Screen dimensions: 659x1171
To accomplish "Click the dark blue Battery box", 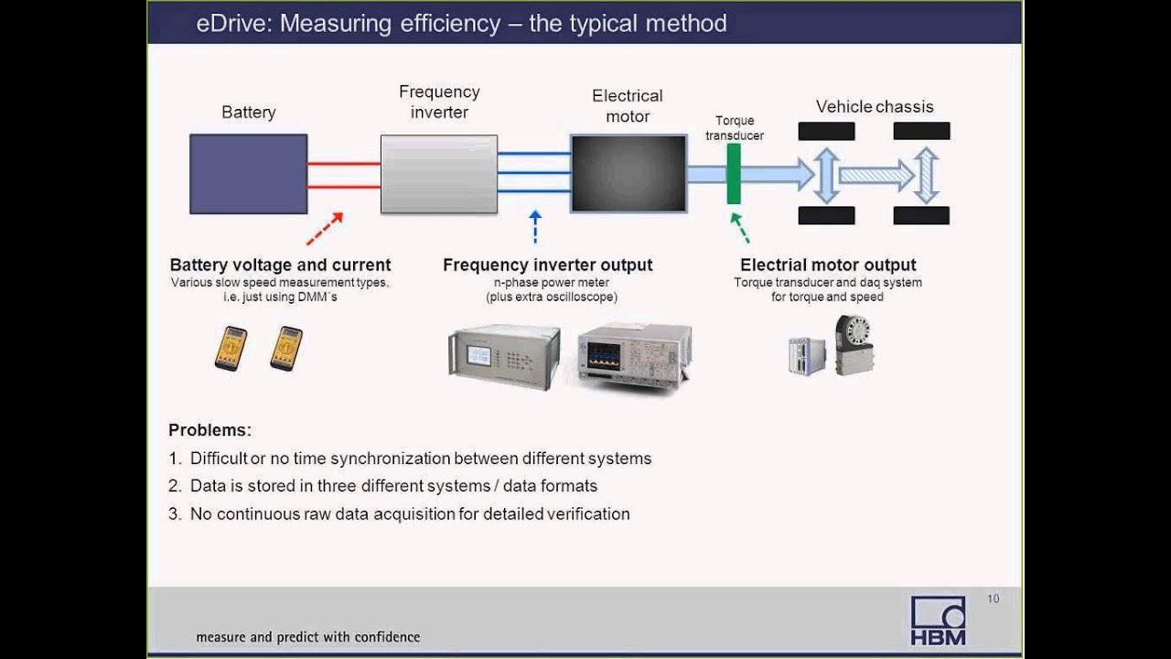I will click(248, 174).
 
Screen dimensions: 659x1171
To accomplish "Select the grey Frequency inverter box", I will click(439, 174).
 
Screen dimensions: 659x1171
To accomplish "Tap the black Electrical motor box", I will click(628, 174).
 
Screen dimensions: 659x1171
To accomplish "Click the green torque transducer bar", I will click(734, 173).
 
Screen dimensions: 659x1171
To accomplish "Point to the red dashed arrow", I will click(325, 229).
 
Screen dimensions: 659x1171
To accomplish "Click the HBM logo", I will click(938, 621).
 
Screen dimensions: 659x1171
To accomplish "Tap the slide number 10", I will click(993, 599).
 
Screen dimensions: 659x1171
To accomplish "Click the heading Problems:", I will click(209, 430).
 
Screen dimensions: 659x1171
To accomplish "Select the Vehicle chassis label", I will click(875, 107).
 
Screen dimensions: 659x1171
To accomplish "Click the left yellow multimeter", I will click(231, 348).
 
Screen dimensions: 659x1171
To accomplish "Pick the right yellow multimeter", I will click(286, 348).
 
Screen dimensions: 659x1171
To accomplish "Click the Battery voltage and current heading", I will click(280, 265).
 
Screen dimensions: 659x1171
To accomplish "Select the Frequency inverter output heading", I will click(547, 265).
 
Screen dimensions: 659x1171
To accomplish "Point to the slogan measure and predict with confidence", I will click(307, 637).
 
